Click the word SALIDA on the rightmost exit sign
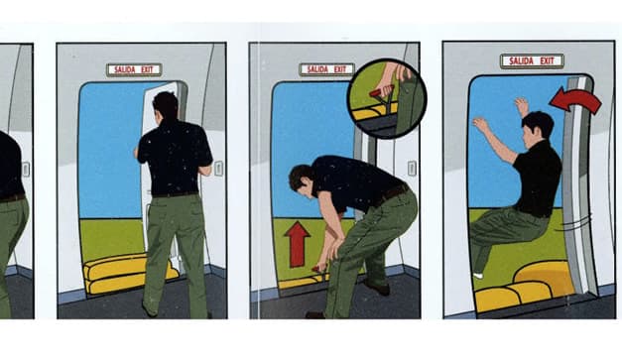[x=520, y=61]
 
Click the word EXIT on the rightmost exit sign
[x=547, y=61]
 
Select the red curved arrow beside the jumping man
[x=576, y=101]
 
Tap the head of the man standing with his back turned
[x=166, y=105]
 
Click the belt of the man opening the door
[x=176, y=194]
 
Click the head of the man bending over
[x=302, y=180]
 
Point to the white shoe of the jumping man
[x=478, y=275]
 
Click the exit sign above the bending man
[x=326, y=69]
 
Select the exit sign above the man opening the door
[x=134, y=69]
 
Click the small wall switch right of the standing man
[x=218, y=169]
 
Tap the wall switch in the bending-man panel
[x=412, y=169]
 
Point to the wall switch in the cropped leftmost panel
[x=26, y=170]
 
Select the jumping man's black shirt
[x=539, y=179]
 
